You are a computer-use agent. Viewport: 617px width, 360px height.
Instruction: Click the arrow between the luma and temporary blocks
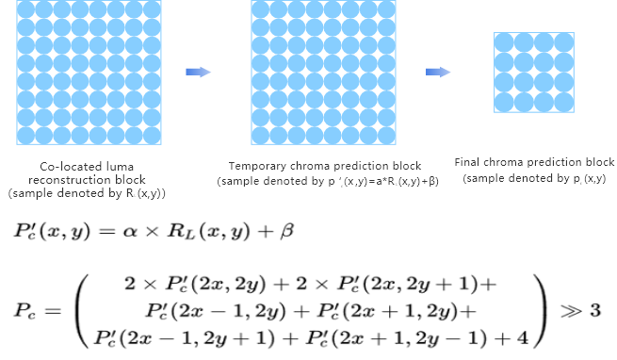click(198, 72)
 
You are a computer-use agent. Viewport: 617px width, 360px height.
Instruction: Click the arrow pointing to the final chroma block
click(437, 72)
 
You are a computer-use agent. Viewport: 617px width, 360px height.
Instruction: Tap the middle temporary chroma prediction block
click(323, 71)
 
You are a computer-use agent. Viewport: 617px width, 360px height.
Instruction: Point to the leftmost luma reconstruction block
click(88, 71)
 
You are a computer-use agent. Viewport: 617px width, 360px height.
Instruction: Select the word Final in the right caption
click(468, 162)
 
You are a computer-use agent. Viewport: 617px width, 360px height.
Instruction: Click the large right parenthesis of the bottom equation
click(540, 309)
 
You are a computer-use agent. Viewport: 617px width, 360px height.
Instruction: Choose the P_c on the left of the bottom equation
click(24, 310)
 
